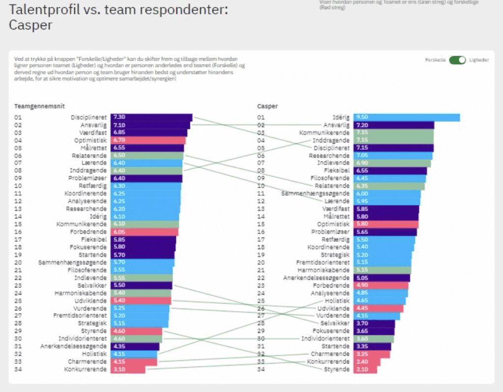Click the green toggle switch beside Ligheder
click(x=457, y=60)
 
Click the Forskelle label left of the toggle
click(x=436, y=60)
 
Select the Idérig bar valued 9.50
click(x=407, y=117)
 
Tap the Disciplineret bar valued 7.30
click(x=151, y=117)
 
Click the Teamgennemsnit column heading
click(x=39, y=106)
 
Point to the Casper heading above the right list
click(x=268, y=106)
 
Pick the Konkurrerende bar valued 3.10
click(x=128, y=369)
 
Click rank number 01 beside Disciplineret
click(x=18, y=117)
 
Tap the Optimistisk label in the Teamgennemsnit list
click(x=90, y=140)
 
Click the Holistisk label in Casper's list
click(x=337, y=300)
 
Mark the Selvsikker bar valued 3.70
click(x=374, y=323)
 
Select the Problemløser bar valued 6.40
click(x=146, y=178)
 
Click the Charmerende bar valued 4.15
click(x=134, y=362)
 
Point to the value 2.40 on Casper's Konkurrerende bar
click(x=362, y=362)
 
